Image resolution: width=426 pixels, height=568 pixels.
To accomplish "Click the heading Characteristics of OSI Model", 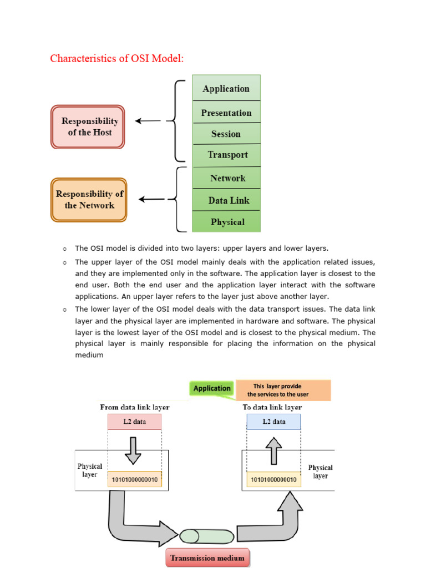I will [116, 58].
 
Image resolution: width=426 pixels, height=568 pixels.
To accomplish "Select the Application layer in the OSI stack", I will [226, 88].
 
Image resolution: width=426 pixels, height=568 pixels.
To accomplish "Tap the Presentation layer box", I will [226, 113].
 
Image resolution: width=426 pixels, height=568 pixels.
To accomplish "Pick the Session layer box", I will [226, 134].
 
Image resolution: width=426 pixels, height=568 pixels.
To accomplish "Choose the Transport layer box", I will [226, 155].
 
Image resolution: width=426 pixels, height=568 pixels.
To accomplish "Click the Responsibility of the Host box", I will [88, 127].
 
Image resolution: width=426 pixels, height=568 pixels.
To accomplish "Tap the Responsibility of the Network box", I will [89, 200].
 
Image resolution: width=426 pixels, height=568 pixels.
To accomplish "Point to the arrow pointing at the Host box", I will [148, 120].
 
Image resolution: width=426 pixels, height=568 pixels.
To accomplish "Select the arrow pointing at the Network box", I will [151, 199].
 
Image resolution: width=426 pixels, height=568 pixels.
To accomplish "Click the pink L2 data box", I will [134, 422].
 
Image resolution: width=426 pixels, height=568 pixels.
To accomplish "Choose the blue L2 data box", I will [273, 422].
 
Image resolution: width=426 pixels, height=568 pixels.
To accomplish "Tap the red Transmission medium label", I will [208, 557].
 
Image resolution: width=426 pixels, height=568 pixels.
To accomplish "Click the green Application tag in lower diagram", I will [212, 388].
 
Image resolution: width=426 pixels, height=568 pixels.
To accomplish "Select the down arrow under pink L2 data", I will [133, 450].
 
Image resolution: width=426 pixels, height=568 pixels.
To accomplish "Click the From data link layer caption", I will [134, 407].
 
